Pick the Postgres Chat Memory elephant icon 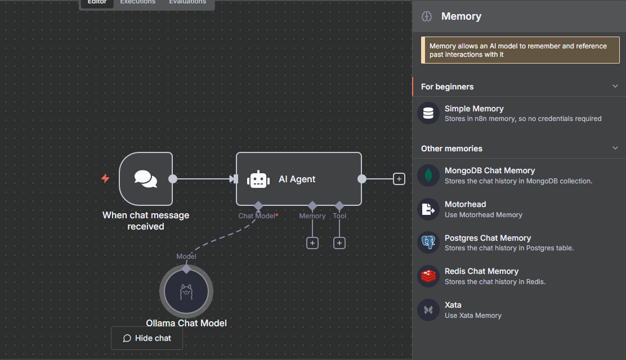(428, 242)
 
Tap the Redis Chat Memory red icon (428, 276)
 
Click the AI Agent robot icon (258, 179)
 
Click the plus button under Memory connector (312, 243)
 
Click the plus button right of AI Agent (399, 179)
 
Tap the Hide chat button (147, 338)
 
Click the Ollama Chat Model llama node (186, 291)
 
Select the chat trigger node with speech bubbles (146, 179)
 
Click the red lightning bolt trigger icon (105, 178)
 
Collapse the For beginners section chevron (615, 87)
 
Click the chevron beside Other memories (615, 148)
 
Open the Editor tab (97, 2)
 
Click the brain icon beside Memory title (427, 16)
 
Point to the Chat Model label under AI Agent (257, 216)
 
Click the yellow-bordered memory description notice (520, 50)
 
